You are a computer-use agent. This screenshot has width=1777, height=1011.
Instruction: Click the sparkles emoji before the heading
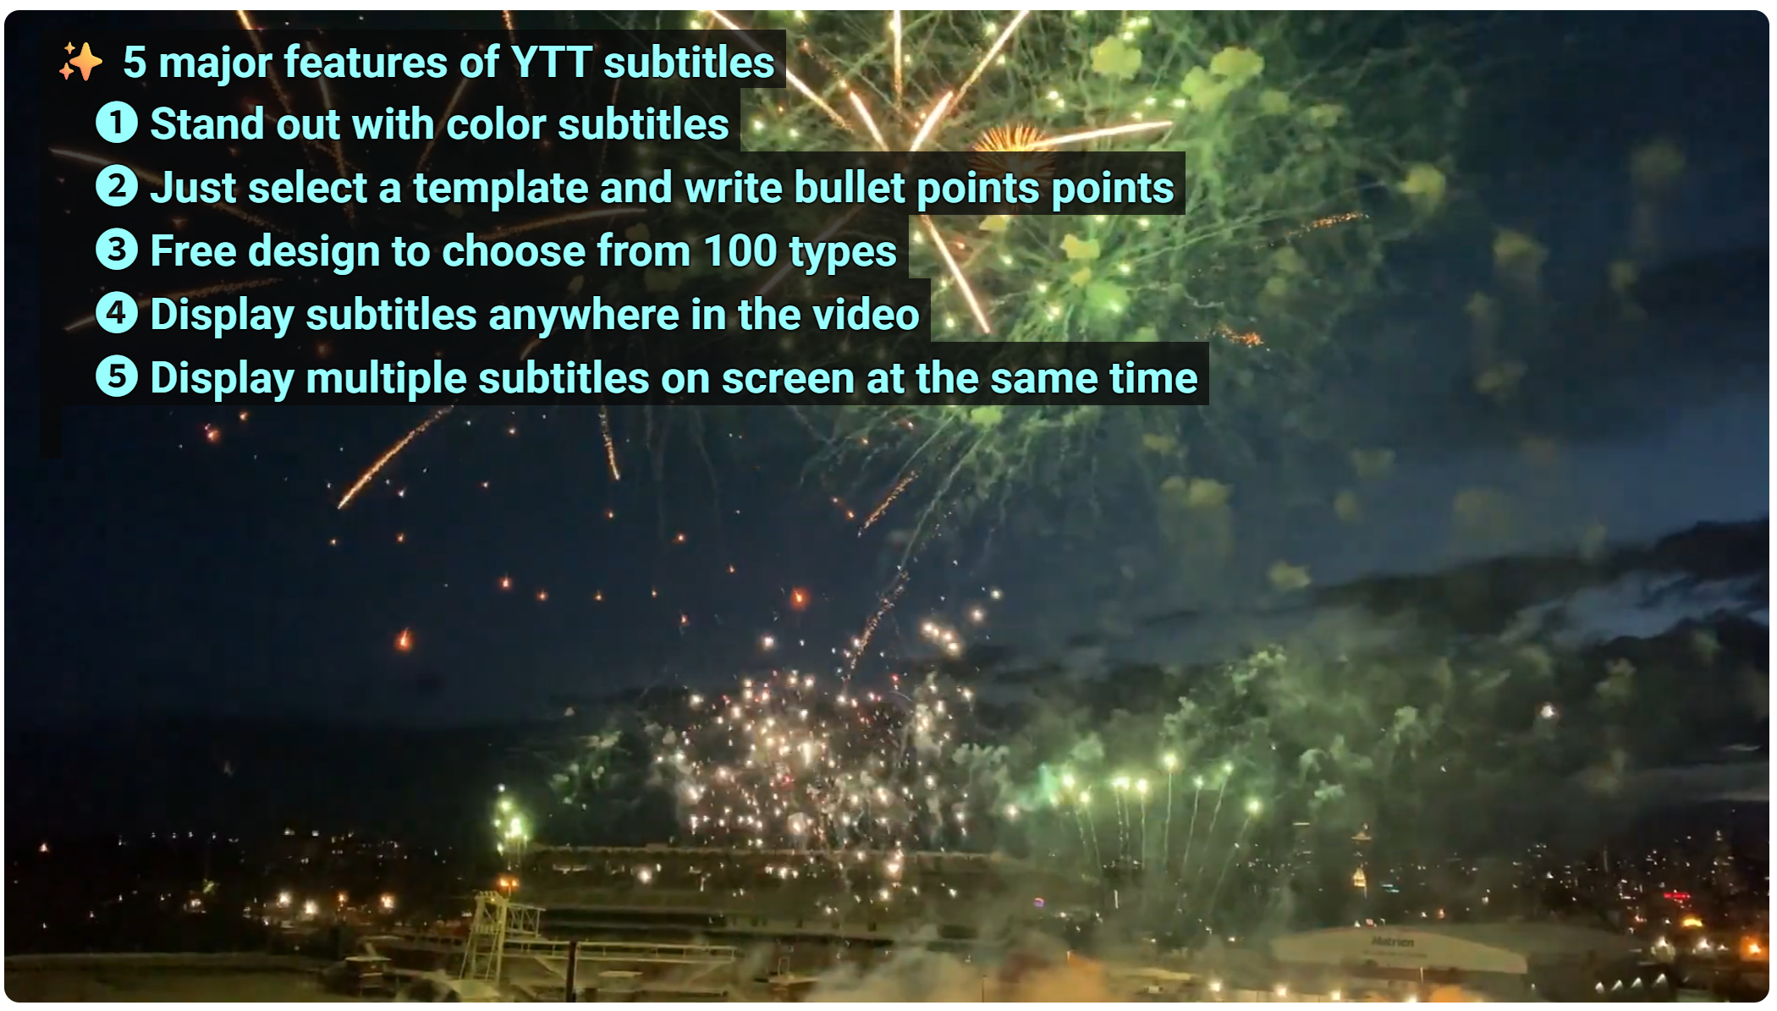coord(80,62)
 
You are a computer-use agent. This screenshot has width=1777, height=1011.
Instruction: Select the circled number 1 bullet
coord(117,123)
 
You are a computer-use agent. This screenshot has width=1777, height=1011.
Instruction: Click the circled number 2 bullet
coord(117,186)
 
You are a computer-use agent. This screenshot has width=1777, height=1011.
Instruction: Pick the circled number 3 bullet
coord(117,250)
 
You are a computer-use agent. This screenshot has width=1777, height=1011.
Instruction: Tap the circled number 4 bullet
coord(117,313)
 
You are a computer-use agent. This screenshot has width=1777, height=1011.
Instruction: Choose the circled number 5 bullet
coord(117,376)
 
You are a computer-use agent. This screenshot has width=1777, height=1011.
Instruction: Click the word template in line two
coord(500,188)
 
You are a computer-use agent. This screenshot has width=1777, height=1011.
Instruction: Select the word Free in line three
coord(193,250)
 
